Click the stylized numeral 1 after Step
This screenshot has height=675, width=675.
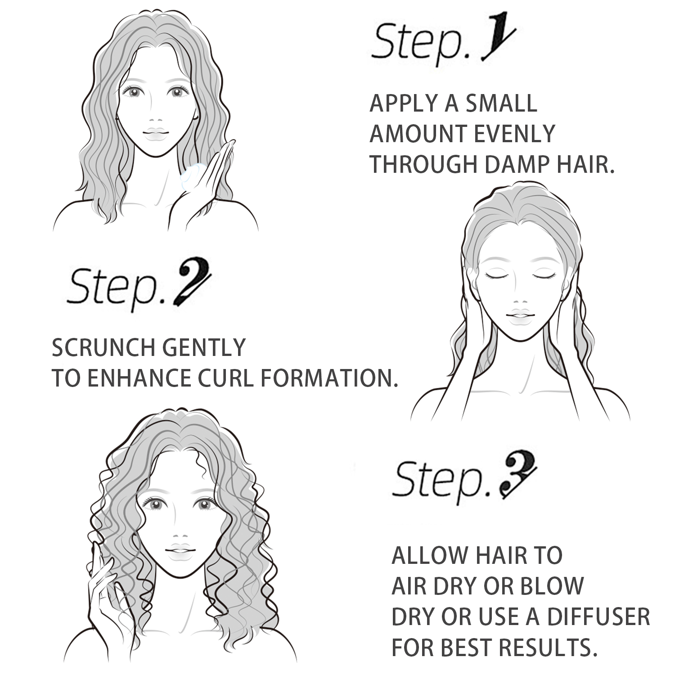pos(496,43)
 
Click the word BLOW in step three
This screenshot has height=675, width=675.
pos(552,586)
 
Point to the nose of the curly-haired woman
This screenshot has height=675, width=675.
pos(180,537)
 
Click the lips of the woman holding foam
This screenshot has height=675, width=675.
pos(156,133)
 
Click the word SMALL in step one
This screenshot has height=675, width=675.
pos(501,103)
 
